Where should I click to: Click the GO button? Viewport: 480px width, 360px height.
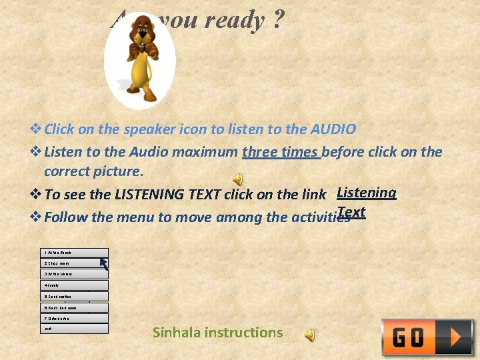coord(427,337)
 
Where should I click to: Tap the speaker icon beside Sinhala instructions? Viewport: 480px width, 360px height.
coord(311,335)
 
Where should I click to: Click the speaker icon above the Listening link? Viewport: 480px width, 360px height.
coord(238,178)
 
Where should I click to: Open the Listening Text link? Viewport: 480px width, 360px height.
coord(366,193)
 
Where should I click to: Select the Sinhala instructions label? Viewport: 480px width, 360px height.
coord(217,332)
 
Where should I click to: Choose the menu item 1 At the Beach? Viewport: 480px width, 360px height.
coord(74,253)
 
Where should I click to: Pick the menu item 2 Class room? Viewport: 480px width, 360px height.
coord(74,263)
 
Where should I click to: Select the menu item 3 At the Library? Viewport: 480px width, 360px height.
coord(74,274)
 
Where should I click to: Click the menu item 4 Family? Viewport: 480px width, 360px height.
coord(74,285)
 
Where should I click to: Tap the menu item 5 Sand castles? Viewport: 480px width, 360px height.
coord(74,296)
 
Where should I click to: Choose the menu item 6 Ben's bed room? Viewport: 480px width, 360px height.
coord(74,307)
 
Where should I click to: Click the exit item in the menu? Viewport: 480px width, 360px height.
coord(74,329)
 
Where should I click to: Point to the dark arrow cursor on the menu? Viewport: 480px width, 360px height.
coord(104,263)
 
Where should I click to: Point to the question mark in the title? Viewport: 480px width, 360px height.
coord(277,20)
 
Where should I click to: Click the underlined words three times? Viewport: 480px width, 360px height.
coord(281,151)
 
